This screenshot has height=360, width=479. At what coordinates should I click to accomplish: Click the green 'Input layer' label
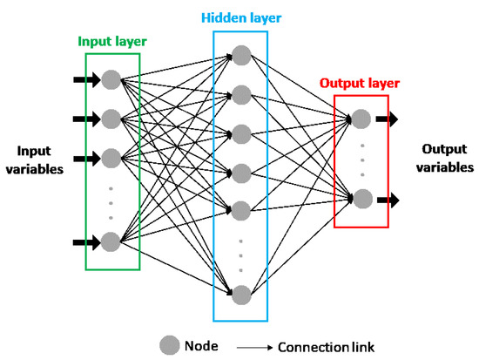[112, 41]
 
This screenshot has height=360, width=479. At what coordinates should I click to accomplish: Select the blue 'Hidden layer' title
[240, 17]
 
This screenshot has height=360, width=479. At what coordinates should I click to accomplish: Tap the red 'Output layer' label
[360, 84]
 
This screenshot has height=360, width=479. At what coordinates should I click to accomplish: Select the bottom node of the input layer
[111, 241]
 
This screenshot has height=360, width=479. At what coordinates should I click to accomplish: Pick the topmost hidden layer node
[241, 55]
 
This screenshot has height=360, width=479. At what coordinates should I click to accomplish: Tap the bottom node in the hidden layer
[241, 294]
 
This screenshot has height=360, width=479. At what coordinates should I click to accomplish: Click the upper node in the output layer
[361, 118]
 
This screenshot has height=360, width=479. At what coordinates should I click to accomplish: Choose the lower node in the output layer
[361, 200]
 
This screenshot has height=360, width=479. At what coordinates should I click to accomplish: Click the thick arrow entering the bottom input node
[85, 241]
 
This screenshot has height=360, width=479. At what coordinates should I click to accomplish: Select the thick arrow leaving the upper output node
[387, 118]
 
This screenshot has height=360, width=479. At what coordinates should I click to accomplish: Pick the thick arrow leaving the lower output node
[387, 200]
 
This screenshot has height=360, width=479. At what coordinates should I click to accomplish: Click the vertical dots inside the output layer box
[361, 159]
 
